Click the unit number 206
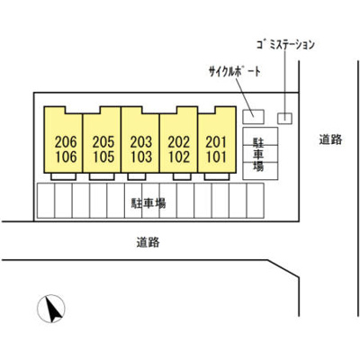pyautogui.click(x=66, y=142)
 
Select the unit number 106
pyautogui.click(x=66, y=157)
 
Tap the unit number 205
pyautogui.click(x=103, y=142)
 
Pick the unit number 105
pyautogui.click(x=103, y=157)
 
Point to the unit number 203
pyautogui.click(x=141, y=142)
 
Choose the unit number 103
pyautogui.click(x=141, y=157)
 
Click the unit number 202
pyautogui.click(x=179, y=142)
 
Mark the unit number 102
pyautogui.click(x=179, y=157)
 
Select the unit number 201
pyautogui.click(x=216, y=142)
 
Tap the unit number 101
pyautogui.click(x=216, y=157)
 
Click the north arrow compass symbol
pyautogui.click(x=51, y=309)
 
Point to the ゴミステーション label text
pyautogui.click(x=285, y=45)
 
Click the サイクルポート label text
pyautogui.click(x=235, y=71)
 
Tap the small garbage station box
pyautogui.click(x=284, y=118)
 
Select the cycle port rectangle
pyautogui.click(x=253, y=117)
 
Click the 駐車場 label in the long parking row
pyautogui.click(x=148, y=203)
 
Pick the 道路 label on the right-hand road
pyautogui.click(x=330, y=139)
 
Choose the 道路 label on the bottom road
pyautogui.click(x=148, y=242)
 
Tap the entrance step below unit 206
pyautogui.click(x=63, y=176)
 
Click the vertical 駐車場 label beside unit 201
pyautogui.click(x=258, y=154)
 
